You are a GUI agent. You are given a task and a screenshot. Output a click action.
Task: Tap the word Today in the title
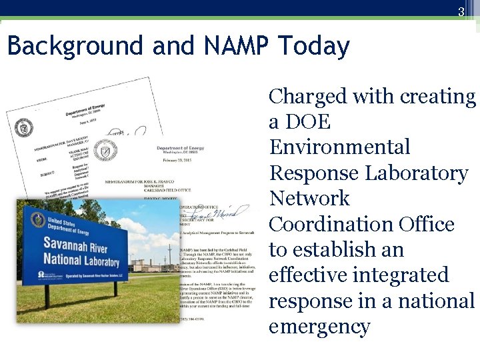[x=314, y=47]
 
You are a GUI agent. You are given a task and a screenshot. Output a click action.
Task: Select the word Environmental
[x=339, y=147]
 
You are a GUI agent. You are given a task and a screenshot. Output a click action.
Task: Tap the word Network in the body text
[x=309, y=199]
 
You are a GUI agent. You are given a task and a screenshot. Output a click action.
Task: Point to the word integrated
[x=406, y=275]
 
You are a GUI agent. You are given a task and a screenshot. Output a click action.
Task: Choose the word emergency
[x=319, y=326]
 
